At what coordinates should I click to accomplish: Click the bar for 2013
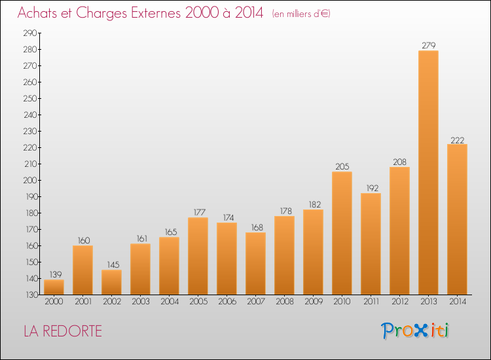pyautogui.click(x=428, y=173)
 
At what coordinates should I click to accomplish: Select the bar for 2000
pyautogui.click(x=54, y=287)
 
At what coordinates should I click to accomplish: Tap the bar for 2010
pyautogui.click(x=342, y=233)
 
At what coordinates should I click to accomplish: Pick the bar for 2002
pyautogui.click(x=111, y=282)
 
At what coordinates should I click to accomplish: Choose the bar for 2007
pyautogui.click(x=255, y=263)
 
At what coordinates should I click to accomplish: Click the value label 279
pyautogui.click(x=428, y=45)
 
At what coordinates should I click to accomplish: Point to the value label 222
pyautogui.click(x=457, y=140)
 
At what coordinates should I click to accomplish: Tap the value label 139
pyautogui.click(x=56, y=274)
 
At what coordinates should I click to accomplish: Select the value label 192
pyautogui.click(x=373, y=188)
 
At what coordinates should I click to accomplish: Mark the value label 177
pyautogui.click(x=200, y=212)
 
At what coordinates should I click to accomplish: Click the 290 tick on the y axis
pyautogui.click(x=30, y=33)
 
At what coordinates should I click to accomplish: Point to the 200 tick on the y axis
pyautogui.click(x=30, y=180)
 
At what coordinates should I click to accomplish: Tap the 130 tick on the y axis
pyautogui.click(x=31, y=295)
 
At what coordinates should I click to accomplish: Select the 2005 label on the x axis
pyautogui.click(x=198, y=302)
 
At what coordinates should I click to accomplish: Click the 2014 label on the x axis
pyautogui.click(x=458, y=302)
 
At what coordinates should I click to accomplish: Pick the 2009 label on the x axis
pyautogui.click(x=314, y=302)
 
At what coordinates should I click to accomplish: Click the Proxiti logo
pyautogui.click(x=414, y=331)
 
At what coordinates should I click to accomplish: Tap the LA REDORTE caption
pyautogui.click(x=63, y=331)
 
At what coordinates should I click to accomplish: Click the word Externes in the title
pyautogui.click(x=156, y=13)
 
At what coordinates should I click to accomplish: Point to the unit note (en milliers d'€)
pyautogui.click(x=301, y=14)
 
